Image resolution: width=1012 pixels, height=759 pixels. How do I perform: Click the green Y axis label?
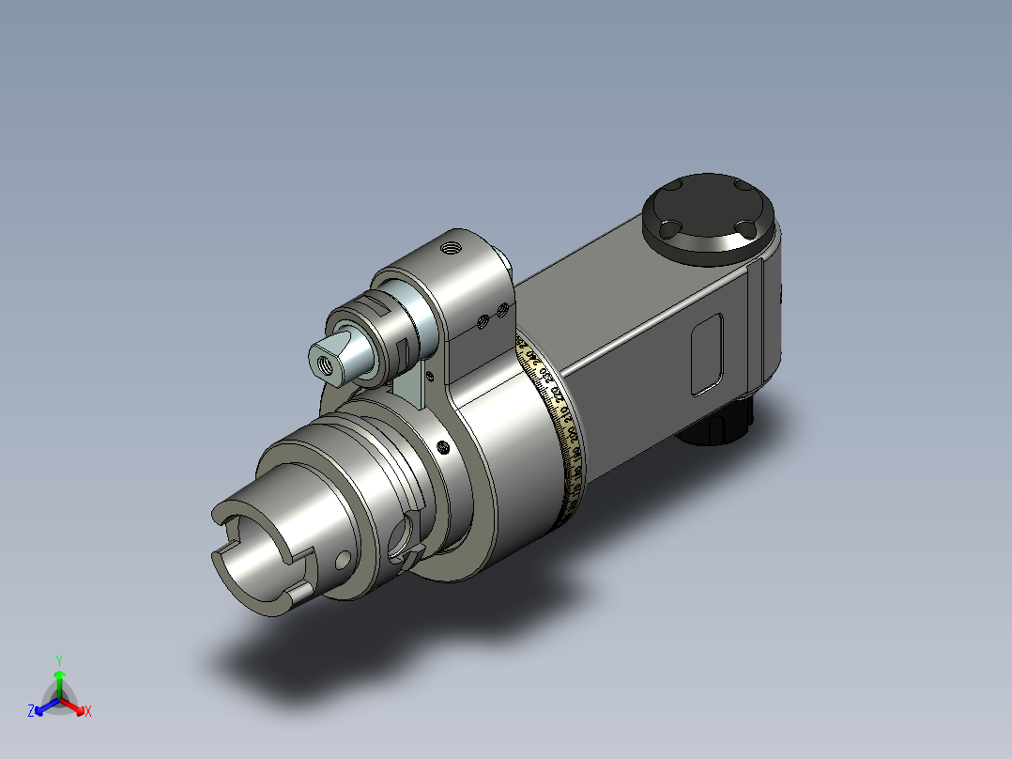(58, 660)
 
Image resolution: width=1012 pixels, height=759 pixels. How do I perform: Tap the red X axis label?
(88, 712)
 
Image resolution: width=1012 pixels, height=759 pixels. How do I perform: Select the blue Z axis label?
(31, 712)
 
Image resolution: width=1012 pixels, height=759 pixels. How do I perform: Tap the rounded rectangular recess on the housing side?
(707, 354)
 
